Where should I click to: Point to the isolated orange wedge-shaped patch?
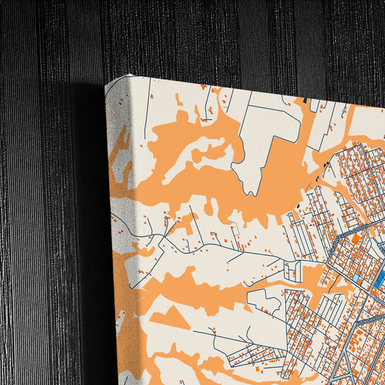pos(170,317)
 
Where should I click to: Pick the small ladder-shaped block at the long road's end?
pos(292,272)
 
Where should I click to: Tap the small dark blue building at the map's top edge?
pos(306,100)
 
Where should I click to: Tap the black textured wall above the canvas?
pos(217,36)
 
